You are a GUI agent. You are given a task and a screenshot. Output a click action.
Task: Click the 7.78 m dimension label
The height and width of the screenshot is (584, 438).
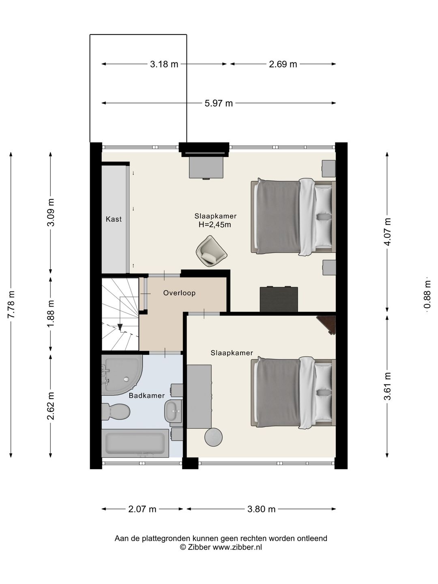[11, 304]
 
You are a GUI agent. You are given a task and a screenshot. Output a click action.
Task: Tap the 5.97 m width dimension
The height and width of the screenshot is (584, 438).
[219, 103]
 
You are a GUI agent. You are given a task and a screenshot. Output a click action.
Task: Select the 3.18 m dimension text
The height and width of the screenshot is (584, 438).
[164, 64]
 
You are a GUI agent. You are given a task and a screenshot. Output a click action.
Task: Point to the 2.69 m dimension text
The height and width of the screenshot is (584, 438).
[283, 64]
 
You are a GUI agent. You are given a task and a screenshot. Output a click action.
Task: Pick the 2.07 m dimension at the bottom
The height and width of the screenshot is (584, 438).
[142, 509]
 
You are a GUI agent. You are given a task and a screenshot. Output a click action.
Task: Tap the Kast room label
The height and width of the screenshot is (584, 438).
[114, 219]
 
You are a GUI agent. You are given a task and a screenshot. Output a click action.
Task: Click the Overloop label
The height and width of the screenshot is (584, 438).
[180, 293]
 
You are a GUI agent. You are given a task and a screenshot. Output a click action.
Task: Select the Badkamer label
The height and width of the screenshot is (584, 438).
[147, 396]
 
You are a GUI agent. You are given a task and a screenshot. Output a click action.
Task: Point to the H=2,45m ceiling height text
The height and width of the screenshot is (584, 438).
[215, 225]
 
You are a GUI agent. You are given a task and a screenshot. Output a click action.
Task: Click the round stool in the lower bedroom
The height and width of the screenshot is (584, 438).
[214, 437]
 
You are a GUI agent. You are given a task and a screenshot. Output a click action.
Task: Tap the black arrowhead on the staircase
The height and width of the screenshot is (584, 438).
[120, 326]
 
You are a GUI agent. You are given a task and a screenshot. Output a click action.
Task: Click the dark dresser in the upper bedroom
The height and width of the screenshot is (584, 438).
[279, 299]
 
